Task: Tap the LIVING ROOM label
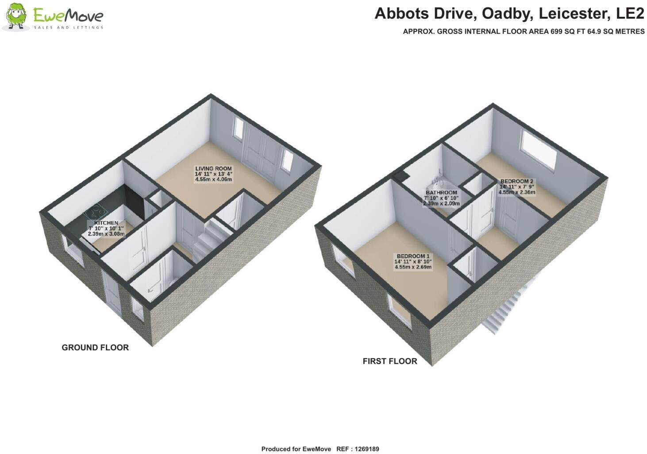point(213,169)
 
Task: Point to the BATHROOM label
point(441,193)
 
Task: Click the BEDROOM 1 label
point(413,256)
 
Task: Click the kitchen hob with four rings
point(95,213)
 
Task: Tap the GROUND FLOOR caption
point(95,347)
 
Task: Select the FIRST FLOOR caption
point(390,361)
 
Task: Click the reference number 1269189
point(366,449)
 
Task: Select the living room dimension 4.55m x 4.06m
point(213,179)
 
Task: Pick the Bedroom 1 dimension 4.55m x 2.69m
point(413,267)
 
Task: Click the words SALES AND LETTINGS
point(69,27)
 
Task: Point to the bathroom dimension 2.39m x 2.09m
point(441,204)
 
